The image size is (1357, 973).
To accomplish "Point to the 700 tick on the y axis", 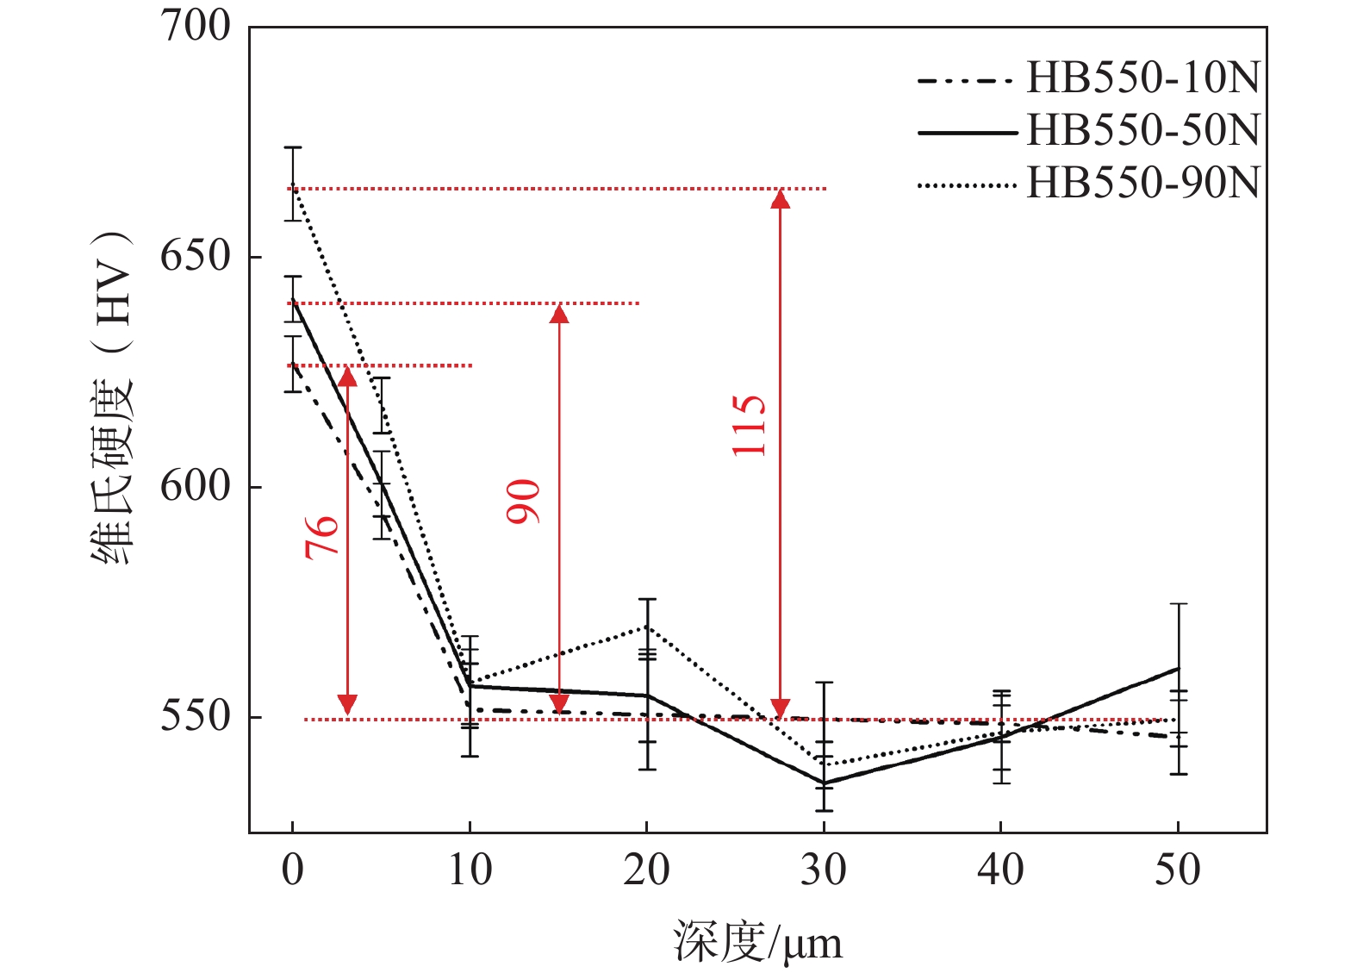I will click(196, 26).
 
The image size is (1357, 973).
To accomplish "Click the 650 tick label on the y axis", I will click(196, 256).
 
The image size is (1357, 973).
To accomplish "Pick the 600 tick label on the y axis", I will click(196, 486).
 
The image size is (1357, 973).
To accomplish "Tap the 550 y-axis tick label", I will click(196, 716).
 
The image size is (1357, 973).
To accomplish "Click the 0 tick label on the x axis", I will click(293, 870).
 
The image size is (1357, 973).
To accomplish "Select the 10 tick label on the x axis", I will click(470, 870).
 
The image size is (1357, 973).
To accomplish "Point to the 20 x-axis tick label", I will click(646, 870).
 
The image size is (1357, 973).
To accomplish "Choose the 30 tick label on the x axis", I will click(824, 870).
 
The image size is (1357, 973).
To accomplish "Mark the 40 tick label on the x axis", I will click(1000, 870).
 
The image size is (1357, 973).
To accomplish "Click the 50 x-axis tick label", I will click(1178, 870).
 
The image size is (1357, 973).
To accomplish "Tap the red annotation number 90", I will click(523, 502).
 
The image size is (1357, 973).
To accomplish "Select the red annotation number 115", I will click(749, 426).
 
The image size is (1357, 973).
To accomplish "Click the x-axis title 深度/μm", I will click(757, 942).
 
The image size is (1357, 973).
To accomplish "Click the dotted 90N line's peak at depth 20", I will click(647, 627).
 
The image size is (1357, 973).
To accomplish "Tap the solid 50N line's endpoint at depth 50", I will click(1178, 668).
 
